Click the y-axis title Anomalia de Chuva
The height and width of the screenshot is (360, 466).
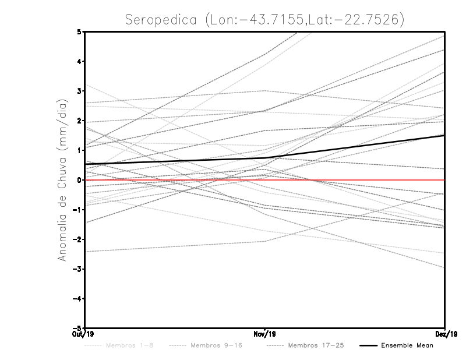(62, 179)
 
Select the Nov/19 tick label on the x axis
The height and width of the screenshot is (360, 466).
(265, 334)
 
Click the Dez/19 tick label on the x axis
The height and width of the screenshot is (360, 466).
(445, 334)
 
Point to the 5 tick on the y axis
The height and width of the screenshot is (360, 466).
(79, 31)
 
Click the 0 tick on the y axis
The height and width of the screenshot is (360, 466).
(79, 179)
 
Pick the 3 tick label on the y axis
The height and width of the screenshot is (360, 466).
(79, 91)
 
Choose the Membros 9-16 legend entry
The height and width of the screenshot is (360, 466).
(217, 345)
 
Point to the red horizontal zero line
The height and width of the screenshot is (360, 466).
(349, 180)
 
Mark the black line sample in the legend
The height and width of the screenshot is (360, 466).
(368, 345)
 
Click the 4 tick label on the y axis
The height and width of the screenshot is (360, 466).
(79, 61)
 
